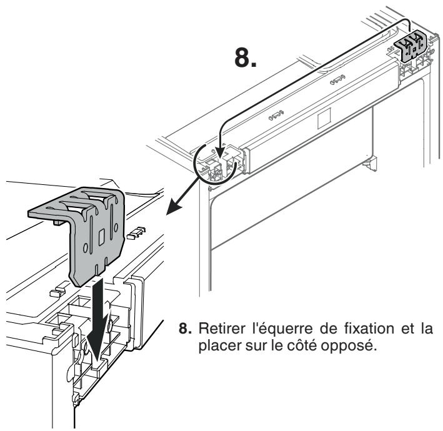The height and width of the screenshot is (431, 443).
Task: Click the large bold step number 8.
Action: (x=246, y=57)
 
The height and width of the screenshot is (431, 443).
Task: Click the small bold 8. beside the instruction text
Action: (x=185, y=329)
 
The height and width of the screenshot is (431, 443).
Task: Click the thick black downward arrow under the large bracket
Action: (x=98, y=320)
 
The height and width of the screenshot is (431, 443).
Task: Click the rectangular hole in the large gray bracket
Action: (x=101, y=237)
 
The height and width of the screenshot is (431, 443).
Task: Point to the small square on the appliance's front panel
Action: (x=324, y=118)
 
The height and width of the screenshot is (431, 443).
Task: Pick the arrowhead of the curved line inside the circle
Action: (x=220, y=154)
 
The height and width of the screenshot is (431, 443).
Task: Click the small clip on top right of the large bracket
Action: (x=136, y=232)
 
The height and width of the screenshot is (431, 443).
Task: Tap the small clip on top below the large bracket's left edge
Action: (x=57, y=292)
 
